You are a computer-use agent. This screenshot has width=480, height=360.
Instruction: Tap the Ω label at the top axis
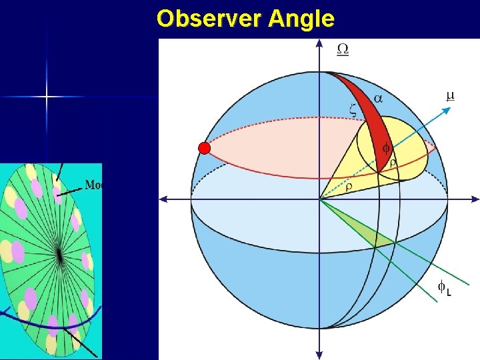pos(342,49)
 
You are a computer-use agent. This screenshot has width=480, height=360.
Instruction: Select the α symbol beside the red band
pos(377,98)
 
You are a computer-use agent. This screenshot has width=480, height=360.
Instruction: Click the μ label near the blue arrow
pos(450,96)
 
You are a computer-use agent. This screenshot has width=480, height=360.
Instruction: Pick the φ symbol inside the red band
pos(385,149)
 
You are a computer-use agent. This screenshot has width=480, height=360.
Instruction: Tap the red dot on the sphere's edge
pos(205,148)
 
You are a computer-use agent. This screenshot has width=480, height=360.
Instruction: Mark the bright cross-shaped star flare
pos(47,97)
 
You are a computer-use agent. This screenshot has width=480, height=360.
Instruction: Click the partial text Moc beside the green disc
pos(93,185)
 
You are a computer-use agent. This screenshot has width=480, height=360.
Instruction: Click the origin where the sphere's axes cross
pos(320,199)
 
